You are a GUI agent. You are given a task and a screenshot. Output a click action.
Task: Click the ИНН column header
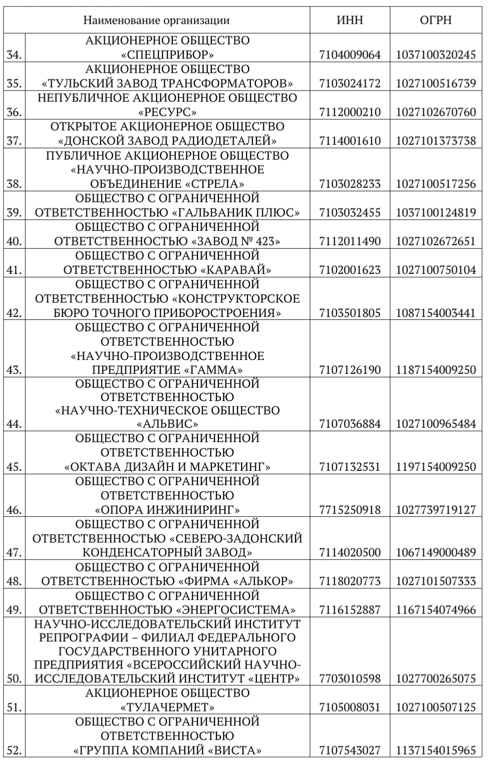[x=350, y=20]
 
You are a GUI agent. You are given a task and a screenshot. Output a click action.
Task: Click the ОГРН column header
[x=436, y=20]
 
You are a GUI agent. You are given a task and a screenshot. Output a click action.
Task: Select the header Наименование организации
[x=157, y=20]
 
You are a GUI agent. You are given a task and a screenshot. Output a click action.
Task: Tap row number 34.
[x=15, y=54]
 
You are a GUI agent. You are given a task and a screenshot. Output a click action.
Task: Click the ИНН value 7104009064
[x=350, y=54]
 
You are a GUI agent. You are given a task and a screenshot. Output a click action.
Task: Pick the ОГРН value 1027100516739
[x=436, y=83]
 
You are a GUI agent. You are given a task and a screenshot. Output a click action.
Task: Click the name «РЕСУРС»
[x=167, y=112]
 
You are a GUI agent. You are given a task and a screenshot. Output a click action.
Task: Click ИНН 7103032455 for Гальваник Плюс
[x=350, y=213]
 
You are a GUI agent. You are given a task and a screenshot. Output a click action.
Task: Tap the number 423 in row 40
[x=262, y=241]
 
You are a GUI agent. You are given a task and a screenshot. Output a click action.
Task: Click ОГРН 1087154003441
[x=436, y=313]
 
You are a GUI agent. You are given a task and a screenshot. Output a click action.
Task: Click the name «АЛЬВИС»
[x=167, y=424]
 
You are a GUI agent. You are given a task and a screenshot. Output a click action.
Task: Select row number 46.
[x=15, y=509]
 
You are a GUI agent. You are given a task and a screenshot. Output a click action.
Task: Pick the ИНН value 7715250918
[x=350, y=509]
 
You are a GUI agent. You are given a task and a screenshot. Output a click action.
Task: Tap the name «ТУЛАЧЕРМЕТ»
[x=167, y=707]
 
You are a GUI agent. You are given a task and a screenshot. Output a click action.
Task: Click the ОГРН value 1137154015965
[x=436, y=750]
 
